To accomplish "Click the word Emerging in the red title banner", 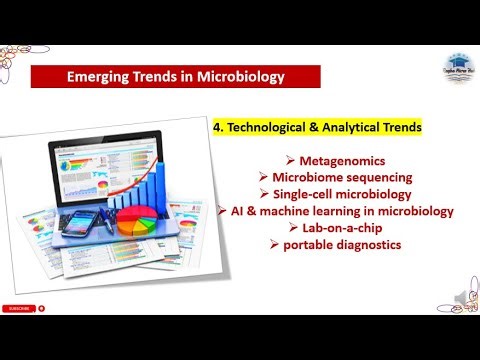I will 97,76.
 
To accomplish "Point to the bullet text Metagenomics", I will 336,161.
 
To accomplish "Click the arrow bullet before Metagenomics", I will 290,161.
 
